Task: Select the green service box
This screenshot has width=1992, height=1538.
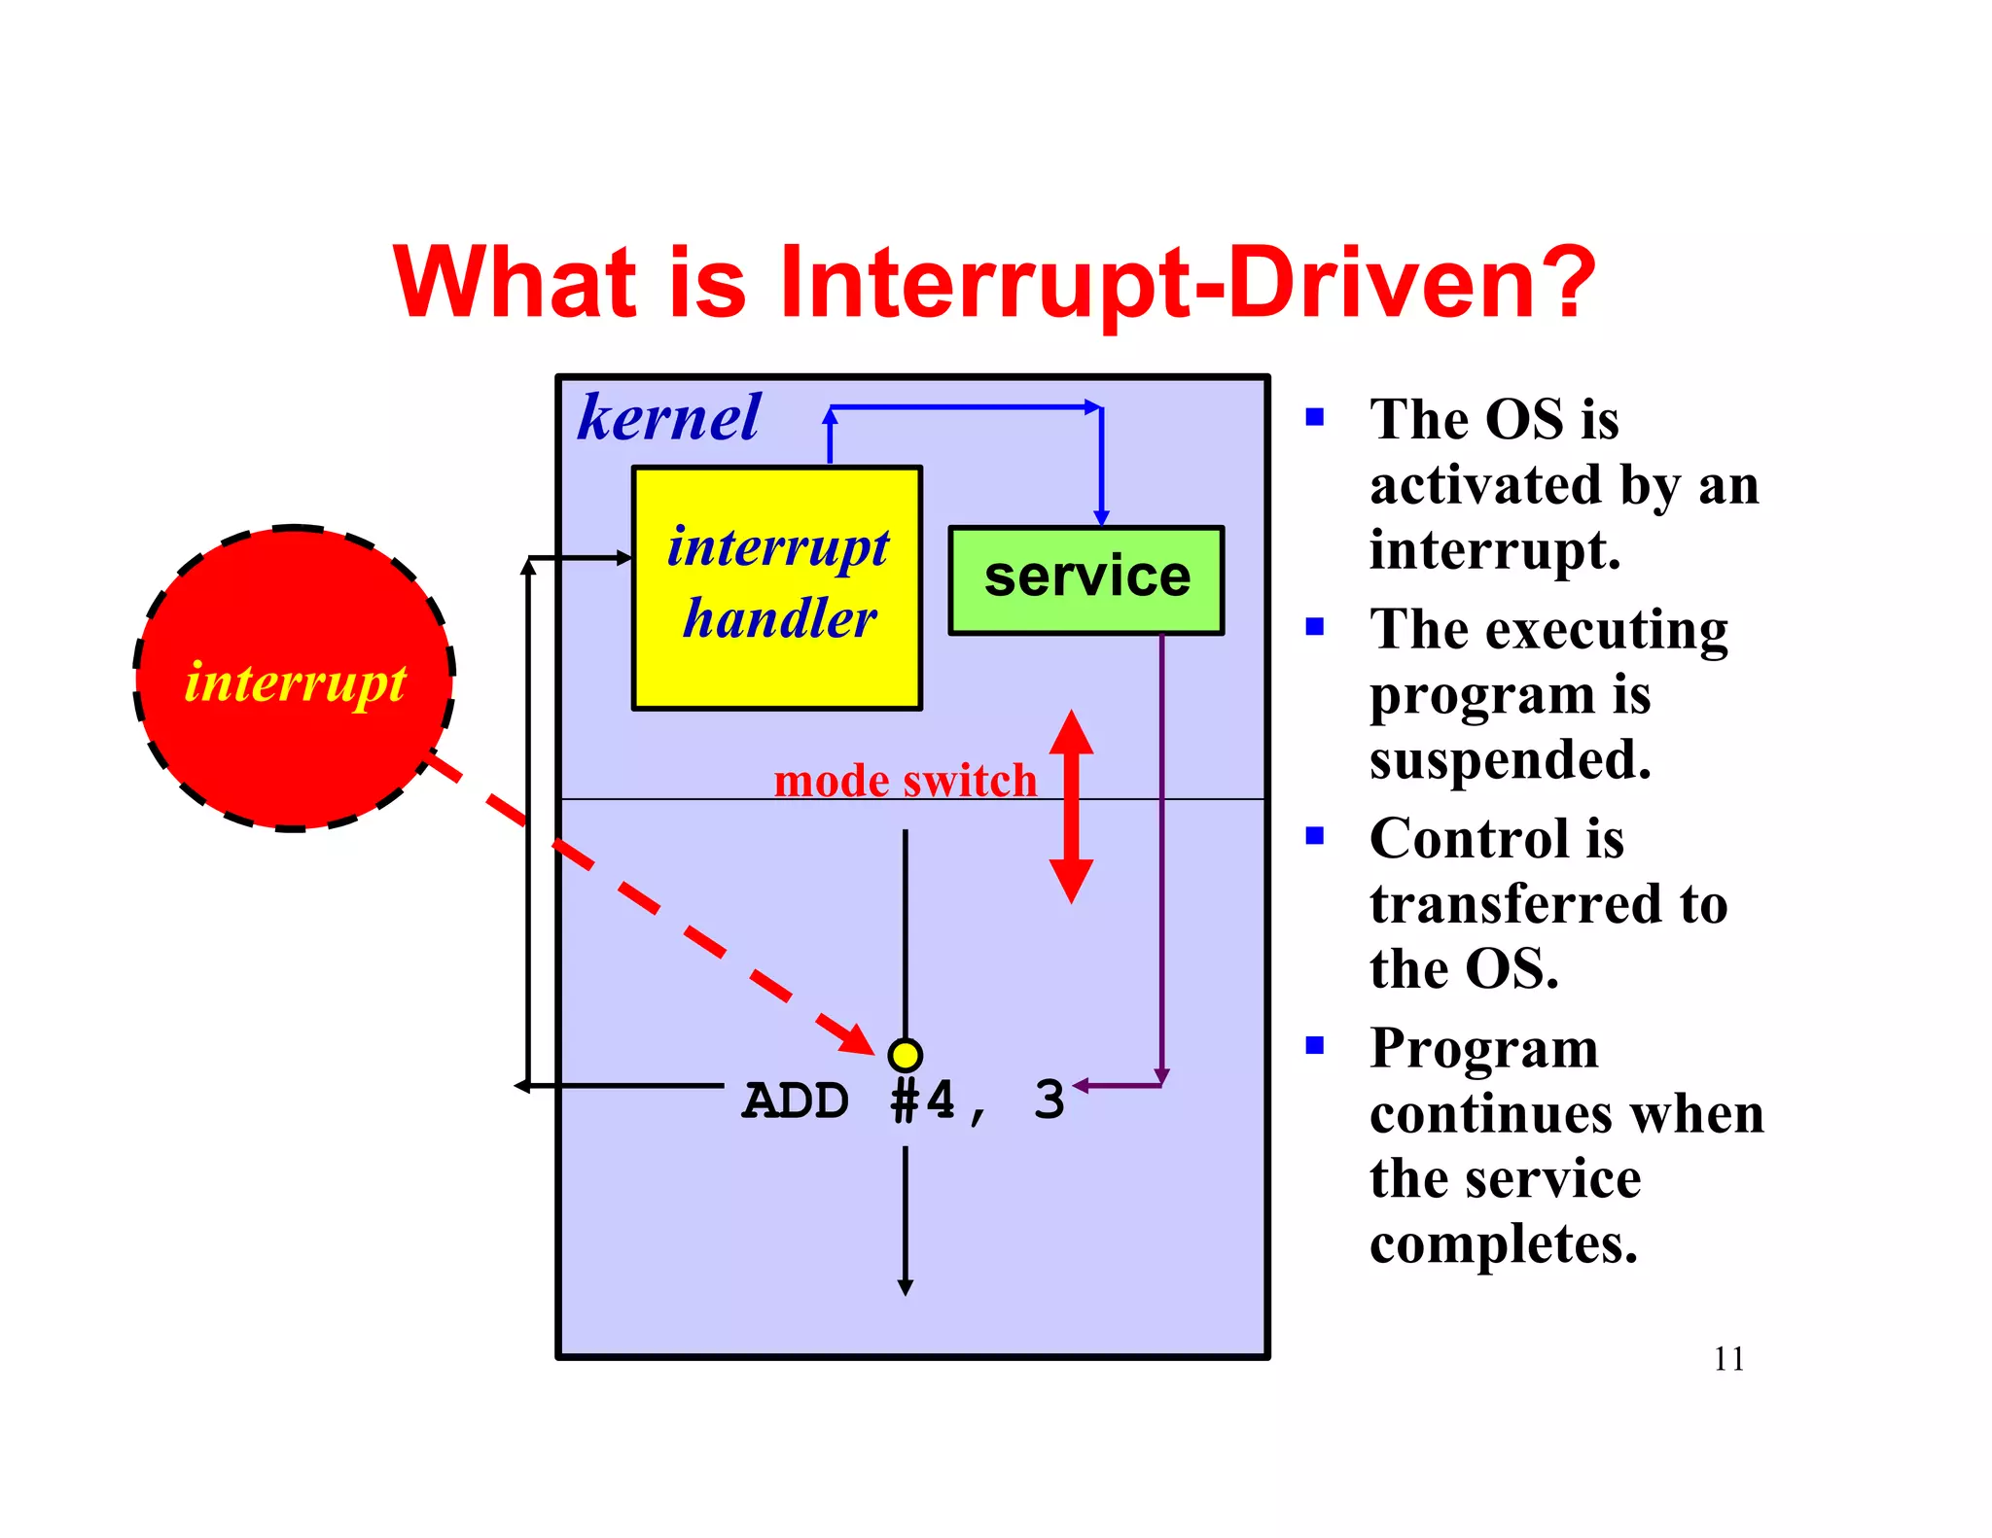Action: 1085,580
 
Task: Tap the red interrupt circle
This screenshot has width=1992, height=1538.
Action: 294,680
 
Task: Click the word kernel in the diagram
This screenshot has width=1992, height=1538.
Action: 668,418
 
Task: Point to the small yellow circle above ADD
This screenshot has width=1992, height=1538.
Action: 905,1055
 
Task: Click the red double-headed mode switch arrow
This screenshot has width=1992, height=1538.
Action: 1071,807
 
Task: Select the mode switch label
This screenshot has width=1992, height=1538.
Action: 905,781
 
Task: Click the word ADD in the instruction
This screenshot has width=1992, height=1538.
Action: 796,1101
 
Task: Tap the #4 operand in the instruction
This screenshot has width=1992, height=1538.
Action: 922,1101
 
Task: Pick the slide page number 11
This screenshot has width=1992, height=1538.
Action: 1728,1358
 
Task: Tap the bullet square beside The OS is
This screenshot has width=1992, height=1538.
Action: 1315,418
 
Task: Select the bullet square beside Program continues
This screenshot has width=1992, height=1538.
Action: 1315,1046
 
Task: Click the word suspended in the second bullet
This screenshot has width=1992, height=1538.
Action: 1510,759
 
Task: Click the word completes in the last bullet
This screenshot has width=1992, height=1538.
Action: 1503,1243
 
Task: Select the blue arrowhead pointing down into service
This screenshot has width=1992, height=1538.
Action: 1101,518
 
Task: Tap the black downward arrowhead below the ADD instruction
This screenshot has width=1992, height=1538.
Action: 905,1287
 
